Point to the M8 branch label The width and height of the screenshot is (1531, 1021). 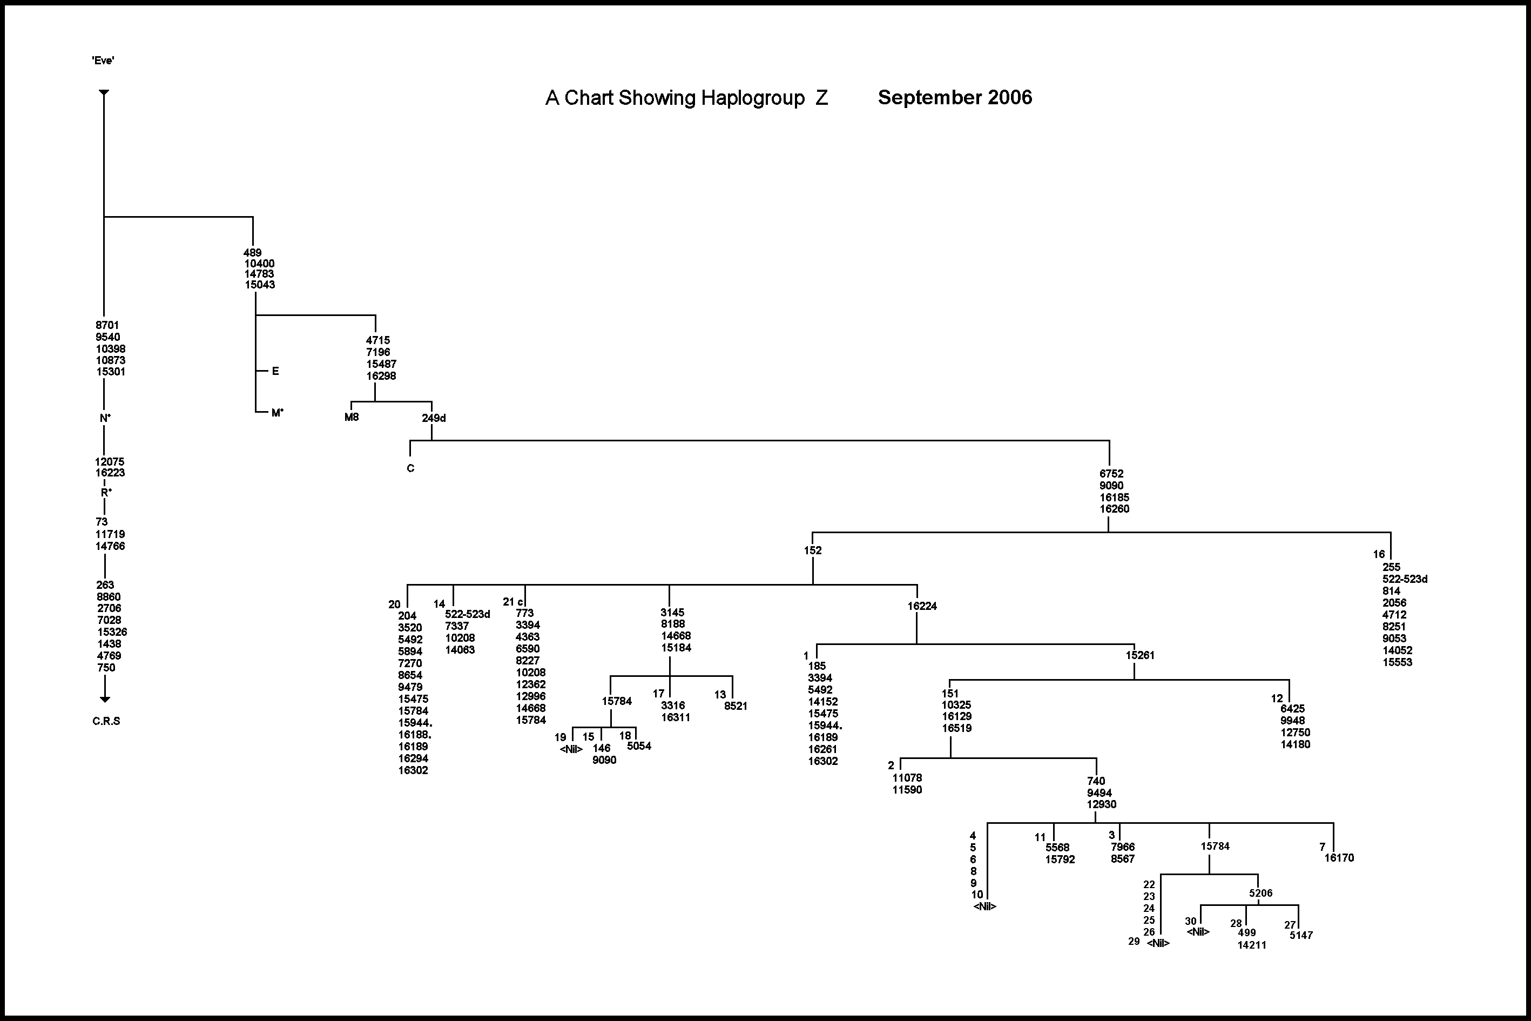coord(352,417)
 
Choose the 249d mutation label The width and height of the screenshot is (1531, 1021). coord(434,418)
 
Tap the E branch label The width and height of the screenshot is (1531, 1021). coord(275,371)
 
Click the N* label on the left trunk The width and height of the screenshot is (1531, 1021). coord(105,418)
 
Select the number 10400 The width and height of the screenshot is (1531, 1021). coord(259,264)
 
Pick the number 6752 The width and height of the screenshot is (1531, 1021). coord(1111,474)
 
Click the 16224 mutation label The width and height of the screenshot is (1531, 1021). coord(922,606)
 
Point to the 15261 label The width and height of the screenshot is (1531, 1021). coord(1140,655)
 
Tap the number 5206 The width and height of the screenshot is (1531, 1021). coord(1260,894)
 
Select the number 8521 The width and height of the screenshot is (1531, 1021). coord(736,706)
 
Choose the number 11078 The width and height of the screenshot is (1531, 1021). coord(907,778)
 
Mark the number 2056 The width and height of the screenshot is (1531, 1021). coord(1394,603)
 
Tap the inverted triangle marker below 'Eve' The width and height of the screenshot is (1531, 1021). coord(104,93)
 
